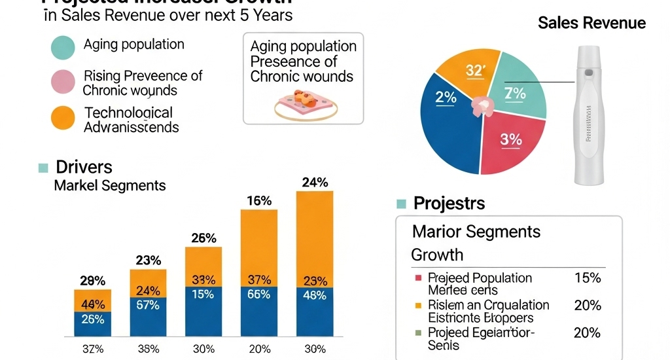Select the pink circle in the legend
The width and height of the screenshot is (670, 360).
click(63, 82)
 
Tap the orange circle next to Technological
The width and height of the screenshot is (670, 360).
click(63, 118)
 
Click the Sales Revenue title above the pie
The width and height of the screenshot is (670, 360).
click(591, 24)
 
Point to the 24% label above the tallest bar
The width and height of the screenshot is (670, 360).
click(315, 183)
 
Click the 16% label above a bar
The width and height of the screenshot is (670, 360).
click(260, 201)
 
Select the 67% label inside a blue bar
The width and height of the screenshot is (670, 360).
click(149, 304)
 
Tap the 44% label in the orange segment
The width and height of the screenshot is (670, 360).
click(93, 304)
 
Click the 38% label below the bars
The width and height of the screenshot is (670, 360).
click(149, 348)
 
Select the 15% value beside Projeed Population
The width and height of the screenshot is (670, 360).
click(586, 278)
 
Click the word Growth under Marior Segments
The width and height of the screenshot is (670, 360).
click(437, 254)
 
